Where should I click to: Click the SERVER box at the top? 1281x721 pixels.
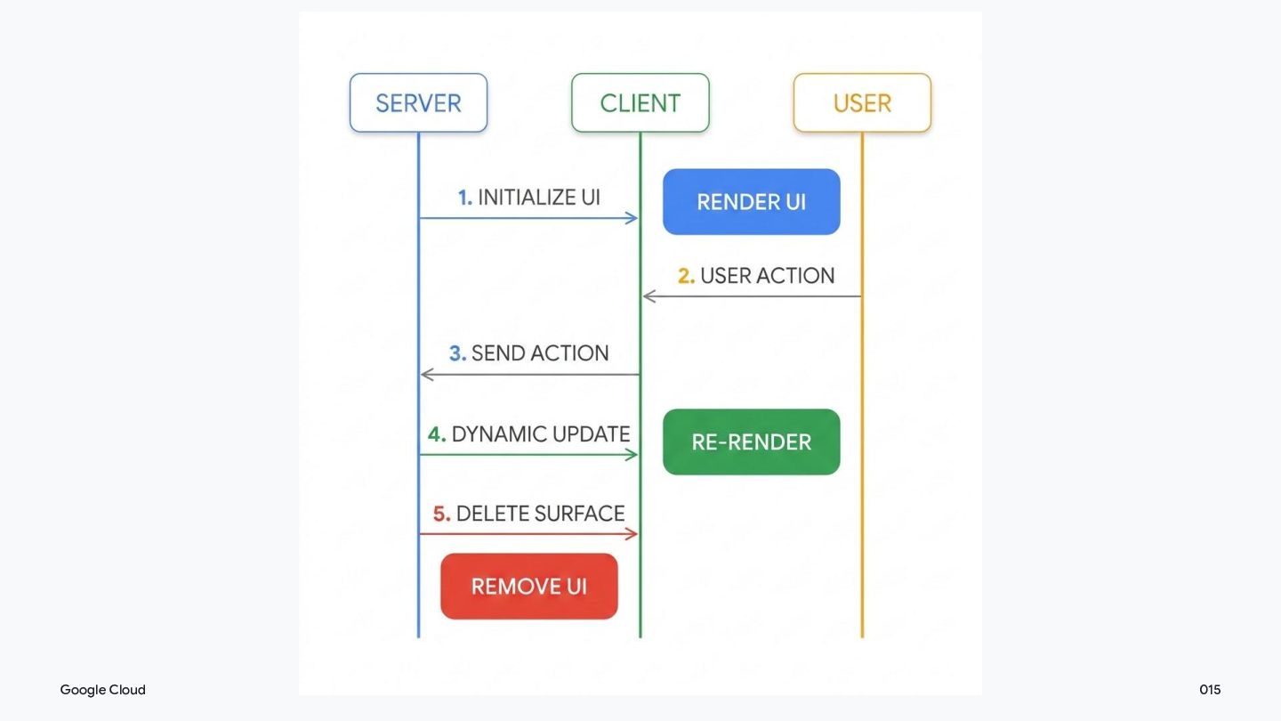point(418,103)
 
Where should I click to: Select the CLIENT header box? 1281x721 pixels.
point(640,103)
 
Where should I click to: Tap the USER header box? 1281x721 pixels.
point(862,103)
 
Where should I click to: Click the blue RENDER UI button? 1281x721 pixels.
point(752,201)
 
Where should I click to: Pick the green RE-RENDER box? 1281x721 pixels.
point(752,442)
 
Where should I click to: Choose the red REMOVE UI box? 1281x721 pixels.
point(529,586)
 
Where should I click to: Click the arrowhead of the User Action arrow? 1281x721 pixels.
point(648,296)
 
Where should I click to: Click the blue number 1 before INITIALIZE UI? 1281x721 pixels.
point(465,198)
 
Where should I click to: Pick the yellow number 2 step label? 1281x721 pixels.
point(686,276)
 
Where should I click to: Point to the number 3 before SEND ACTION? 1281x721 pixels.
point(457,353)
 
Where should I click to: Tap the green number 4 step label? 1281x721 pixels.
point(437,434)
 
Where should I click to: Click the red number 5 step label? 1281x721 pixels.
point(441,514)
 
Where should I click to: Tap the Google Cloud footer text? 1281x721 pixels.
point(103,690)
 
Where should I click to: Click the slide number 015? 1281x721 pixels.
point(1210,690)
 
